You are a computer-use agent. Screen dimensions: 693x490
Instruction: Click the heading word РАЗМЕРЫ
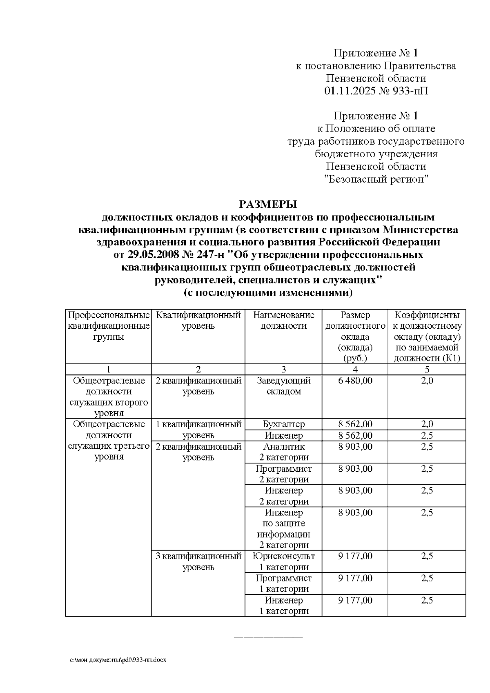[267, 204]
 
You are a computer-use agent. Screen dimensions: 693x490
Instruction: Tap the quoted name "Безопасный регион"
[376, 179]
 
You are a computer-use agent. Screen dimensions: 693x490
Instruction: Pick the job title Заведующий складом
[283, 386]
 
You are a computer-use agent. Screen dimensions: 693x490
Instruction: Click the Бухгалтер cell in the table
[283, 424]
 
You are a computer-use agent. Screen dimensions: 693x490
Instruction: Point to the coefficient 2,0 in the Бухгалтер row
[427, 424]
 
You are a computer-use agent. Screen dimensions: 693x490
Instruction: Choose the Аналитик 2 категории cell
[283, 452]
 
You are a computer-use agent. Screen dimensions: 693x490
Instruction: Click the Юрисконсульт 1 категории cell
[283, 562]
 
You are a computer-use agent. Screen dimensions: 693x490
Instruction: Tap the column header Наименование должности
[283, 321]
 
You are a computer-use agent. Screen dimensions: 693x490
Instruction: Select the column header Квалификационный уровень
[198, 321]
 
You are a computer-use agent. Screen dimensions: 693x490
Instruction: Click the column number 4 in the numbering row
[355, 370]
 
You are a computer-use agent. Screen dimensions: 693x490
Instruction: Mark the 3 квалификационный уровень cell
[198, 562]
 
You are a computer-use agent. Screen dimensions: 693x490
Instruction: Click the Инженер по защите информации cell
[283, 528]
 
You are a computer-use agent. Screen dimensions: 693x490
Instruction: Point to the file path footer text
[118, 660]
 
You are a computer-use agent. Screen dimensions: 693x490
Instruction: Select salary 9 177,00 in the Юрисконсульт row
[355, 556]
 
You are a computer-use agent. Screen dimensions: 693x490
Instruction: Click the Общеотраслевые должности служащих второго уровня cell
[109, 397]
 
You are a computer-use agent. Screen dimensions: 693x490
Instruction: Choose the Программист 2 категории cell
[283, 474]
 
